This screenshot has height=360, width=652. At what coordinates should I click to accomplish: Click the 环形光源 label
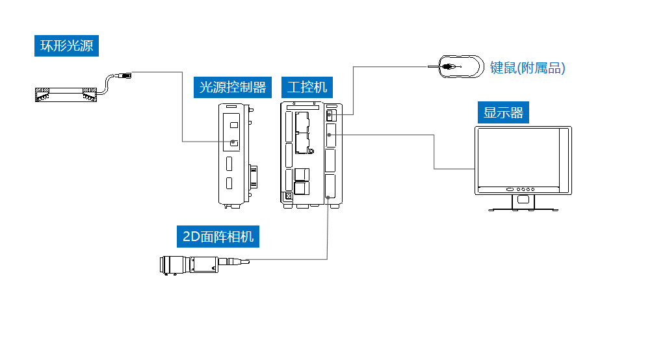67,46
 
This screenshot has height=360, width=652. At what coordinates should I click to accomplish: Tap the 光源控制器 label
233,87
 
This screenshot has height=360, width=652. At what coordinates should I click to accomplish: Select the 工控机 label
307,87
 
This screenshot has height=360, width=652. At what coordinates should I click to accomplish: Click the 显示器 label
503,112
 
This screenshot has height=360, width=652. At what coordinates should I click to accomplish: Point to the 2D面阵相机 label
218,237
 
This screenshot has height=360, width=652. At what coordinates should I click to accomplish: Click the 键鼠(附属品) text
527,68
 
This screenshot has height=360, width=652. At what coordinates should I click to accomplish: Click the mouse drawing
460,66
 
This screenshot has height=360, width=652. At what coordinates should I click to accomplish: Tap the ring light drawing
66,94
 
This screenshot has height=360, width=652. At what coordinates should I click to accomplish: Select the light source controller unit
233,154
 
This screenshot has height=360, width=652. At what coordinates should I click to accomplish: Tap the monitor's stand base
523,209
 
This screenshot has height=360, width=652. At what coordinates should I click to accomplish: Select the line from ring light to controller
181,104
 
